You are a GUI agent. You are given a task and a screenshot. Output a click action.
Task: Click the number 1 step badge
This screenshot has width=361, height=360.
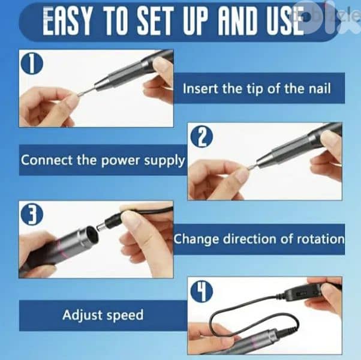[x=32, y=64]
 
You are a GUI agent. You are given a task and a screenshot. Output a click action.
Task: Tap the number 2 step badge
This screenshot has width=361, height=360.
[x=201, y=137]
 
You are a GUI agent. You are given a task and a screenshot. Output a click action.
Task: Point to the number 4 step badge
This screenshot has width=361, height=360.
[x=201, y=292]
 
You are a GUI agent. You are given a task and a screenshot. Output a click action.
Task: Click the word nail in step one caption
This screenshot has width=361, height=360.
[x=320, y=89]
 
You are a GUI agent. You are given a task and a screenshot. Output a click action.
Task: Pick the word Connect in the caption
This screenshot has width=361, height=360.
[x=47, y=160]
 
